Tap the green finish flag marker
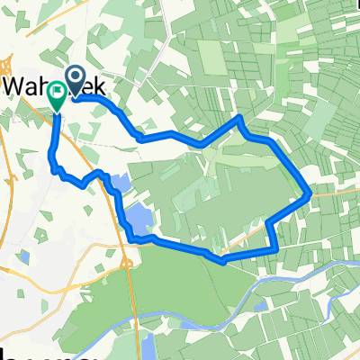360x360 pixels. tap(58, 94)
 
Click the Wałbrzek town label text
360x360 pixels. tap(54, 85)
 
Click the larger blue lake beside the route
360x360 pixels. tap(138, 218)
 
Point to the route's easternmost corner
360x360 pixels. tap(310, 192)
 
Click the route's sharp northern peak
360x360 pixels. tap(239, 117)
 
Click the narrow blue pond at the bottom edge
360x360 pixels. tap(146, 346)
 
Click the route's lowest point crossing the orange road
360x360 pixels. tap(221, 261)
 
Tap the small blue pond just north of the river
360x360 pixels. tap(260, 307)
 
